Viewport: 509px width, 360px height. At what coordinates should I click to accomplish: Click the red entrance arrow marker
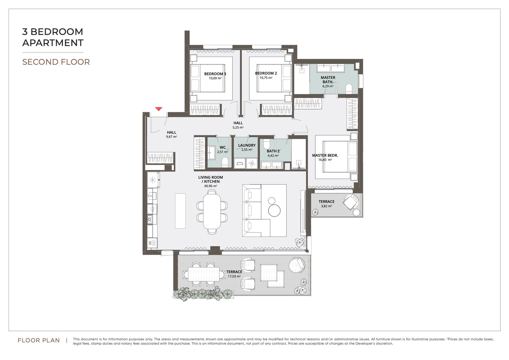159,109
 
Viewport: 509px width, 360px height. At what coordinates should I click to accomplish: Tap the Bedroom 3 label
215,74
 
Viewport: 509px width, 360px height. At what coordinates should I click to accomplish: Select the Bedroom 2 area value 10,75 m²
266,78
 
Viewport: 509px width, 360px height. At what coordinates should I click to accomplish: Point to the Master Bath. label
328,80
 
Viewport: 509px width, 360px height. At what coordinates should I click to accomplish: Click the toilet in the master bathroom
349,89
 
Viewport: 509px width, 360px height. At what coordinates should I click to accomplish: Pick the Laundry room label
247,145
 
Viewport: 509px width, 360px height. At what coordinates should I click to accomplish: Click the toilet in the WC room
225,162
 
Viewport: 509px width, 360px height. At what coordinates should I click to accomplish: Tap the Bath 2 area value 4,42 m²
273,156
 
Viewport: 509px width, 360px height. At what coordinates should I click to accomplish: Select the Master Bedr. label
325,155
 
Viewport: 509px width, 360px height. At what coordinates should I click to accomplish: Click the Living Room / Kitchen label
210,180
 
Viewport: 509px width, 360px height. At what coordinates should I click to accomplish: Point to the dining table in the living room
212,211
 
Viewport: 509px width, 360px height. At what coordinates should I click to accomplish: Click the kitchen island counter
180,211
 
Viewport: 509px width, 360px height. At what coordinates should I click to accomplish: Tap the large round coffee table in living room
274,211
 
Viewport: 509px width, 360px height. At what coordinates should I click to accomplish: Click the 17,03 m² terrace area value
234,277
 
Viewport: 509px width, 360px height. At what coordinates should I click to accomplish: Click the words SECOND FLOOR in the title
56,62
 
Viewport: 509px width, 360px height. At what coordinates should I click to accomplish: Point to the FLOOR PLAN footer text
38,341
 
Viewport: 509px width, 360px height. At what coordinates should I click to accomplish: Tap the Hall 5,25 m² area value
238,128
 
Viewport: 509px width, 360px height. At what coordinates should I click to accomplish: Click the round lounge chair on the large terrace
297,265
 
